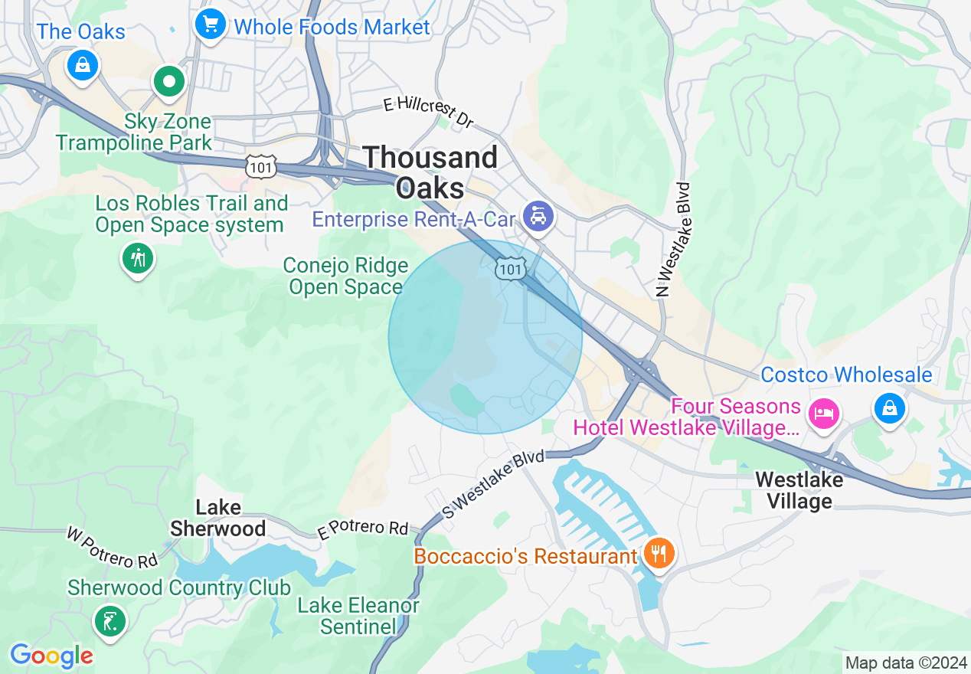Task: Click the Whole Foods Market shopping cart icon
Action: pos(210,25)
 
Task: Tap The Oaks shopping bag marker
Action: pos(83,64)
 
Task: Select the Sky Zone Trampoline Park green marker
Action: pos(168,81)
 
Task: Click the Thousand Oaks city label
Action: pos(430,172)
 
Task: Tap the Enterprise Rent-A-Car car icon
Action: pos(538,216)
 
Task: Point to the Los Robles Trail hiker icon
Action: pos(138,259)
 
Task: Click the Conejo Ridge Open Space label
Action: pos(345,276)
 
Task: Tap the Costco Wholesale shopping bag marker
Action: pos(890,407)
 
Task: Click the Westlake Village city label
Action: pos(799,490)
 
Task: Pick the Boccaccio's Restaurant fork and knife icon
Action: pos(658,553)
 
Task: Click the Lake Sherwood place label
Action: pos(218,518)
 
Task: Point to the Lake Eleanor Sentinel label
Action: pos(358,616)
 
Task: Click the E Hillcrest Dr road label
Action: pos(429,111)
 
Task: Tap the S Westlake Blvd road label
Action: pos(494,484)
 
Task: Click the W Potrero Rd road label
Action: pos(112,548)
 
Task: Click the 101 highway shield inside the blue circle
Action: pos(510,268)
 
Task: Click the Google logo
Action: pos(51,656)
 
